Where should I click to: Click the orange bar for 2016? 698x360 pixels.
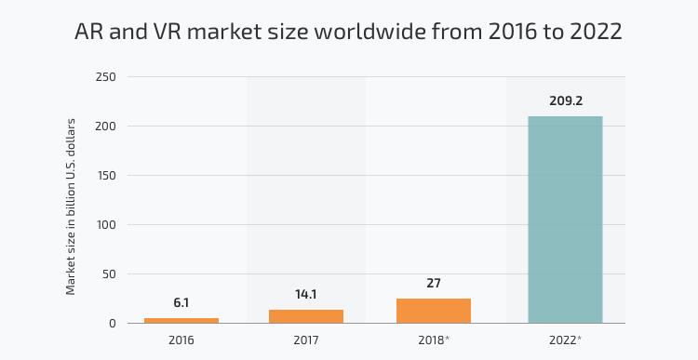(x=181, y=320)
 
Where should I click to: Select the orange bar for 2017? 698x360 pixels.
(x=306, y=316)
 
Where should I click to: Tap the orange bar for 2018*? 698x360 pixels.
(x=434, y=311)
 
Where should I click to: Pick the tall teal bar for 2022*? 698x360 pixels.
(x=565, y=220)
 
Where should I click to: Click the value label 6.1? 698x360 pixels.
(x=181, y=303)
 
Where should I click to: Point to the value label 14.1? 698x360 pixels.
(x=306, y=295)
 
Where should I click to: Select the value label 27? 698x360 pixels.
(x=434, y=284)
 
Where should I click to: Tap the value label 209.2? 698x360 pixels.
(x=565, y=100)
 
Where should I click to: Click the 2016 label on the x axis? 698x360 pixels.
(x=181, y=340)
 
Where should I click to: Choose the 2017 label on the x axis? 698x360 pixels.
(x=306, y=340)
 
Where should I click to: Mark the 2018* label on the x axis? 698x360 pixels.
(x=435, y=340)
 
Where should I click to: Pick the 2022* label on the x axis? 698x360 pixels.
(x=566, y=340)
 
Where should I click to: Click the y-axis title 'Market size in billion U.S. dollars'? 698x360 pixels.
(x=71, y=207)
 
